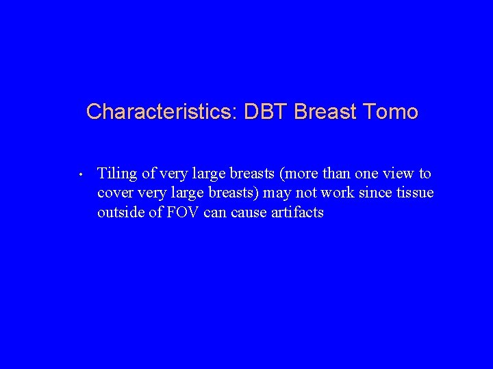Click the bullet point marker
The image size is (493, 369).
click(81, 174)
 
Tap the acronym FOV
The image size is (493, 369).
click(181, 213)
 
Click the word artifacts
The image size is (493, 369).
click(299, 213)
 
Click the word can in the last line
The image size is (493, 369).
click(218, 213)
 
